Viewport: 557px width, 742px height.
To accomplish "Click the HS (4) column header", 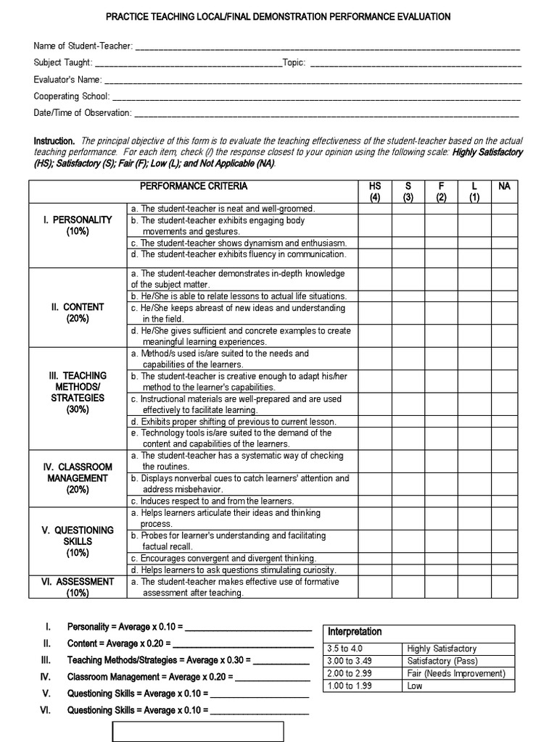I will pos(374,191).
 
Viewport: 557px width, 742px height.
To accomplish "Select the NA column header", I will pos(505,187).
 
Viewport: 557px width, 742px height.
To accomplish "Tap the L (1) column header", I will pos(474,191).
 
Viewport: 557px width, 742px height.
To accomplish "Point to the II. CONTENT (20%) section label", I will pos(78,312).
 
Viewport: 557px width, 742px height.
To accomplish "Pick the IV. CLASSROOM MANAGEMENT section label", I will pos(78,478).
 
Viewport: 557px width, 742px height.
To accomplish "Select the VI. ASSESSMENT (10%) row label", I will pos(78,587).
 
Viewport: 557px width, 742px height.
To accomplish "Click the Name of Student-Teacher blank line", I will pos(327,46).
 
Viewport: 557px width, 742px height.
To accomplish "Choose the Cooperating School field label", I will pos(72,96).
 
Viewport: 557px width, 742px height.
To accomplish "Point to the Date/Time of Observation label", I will pos(83,113).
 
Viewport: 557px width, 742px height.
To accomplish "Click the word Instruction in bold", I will pos(54,141).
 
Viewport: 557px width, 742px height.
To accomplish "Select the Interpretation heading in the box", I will pos(355,632).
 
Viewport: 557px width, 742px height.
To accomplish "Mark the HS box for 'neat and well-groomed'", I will pos(374,209).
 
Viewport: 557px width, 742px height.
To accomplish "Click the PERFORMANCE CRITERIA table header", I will pos(193,186).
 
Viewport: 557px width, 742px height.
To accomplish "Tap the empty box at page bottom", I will pos(198,732).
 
